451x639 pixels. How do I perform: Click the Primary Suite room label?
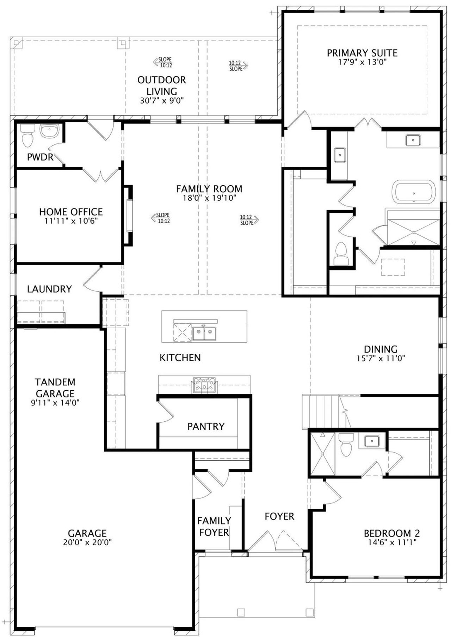[362, 53]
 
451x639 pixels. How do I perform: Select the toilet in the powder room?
[27, 136]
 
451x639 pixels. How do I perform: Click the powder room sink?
[49, 131]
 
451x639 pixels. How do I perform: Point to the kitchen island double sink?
[204, 333]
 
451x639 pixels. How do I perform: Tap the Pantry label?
[206, 427]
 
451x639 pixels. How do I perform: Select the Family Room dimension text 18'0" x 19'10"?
[209, 198]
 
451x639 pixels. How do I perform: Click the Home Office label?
[71, 212]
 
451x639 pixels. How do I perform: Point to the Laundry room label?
[49, 289]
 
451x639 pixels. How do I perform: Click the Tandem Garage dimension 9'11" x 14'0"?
[55, 403]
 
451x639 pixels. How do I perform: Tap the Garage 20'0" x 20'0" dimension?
[87, 542]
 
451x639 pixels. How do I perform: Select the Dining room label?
[381, 349]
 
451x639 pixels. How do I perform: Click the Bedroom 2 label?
[392, 534]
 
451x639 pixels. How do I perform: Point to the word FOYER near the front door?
[279, 516]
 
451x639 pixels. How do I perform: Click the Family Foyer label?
[214, 526]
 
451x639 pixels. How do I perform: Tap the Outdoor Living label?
[162, 85]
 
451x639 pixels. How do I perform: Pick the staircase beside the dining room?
[321, 412]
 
